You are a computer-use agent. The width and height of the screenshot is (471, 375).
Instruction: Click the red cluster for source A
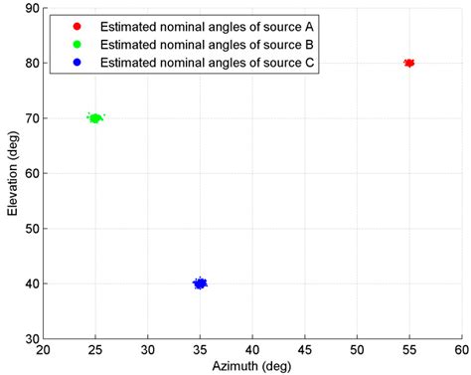coord(408,63)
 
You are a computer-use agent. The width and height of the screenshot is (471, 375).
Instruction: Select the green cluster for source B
coord(95,118)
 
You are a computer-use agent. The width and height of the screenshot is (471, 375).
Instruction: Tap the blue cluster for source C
coord(200,283)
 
